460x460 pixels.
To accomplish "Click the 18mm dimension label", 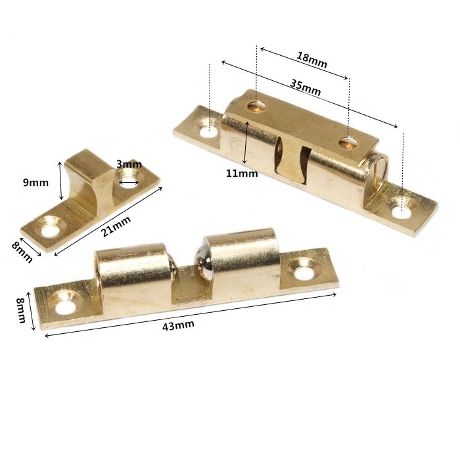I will [312, 58].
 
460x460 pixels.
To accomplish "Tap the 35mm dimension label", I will [304, 87].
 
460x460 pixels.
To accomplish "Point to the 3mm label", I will [129, 164].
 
